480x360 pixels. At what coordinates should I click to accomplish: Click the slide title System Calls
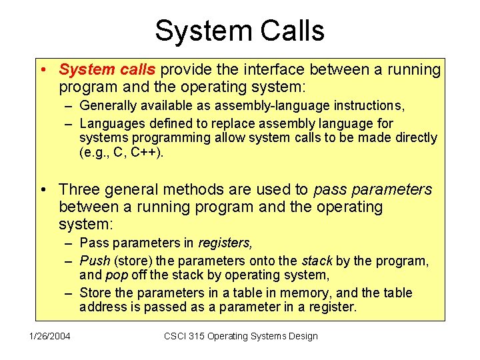[x=239, y=31]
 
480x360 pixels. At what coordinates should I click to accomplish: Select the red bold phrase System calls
[x=107, y=69]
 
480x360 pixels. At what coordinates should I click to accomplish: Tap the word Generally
[x=105, y=105]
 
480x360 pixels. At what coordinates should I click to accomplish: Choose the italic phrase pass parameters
[x=373, y=190]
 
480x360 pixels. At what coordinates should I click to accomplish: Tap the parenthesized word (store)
[x=132, y=261]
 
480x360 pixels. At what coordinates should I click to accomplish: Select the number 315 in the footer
[x=201, y=336]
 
